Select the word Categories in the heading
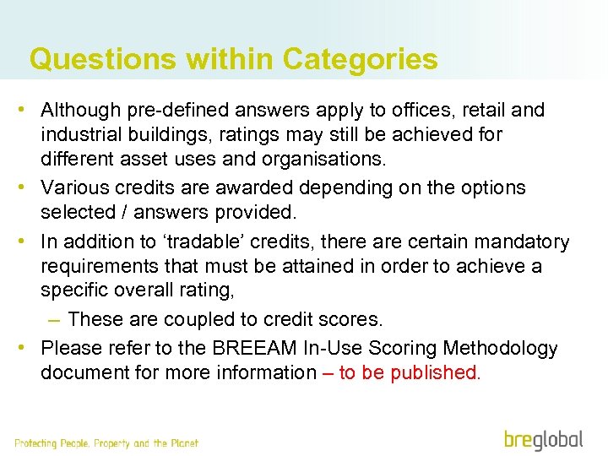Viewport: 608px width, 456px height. pyautogui.click(x=361, y=59)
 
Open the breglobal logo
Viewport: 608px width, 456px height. pyautogui.click(x=543, y=440)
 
